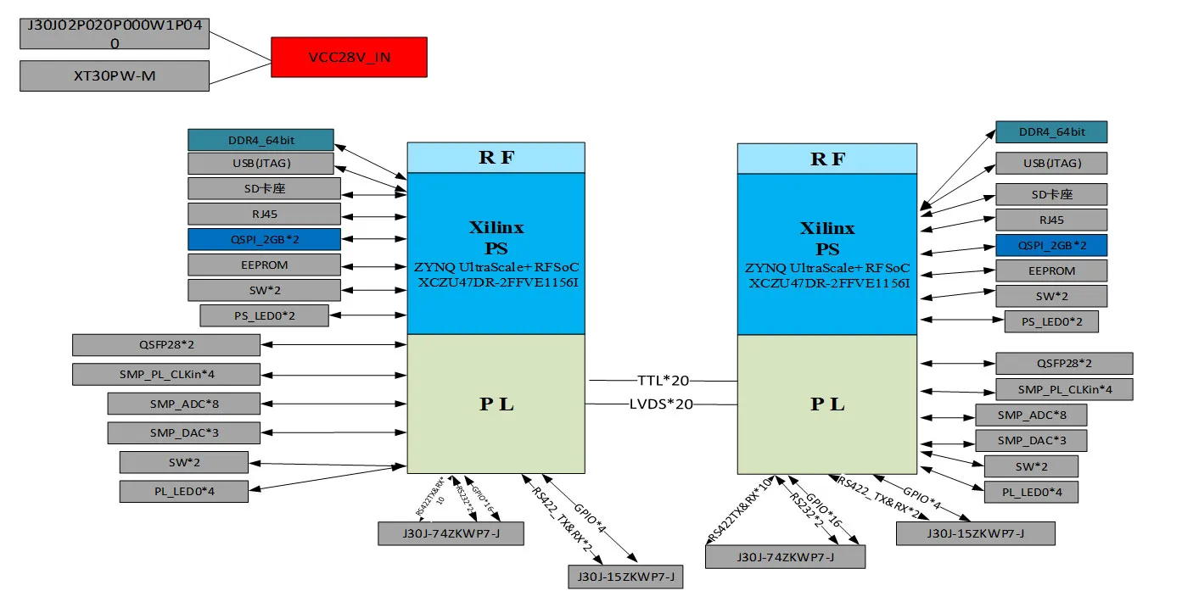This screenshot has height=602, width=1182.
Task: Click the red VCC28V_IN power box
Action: (x=349, y=58)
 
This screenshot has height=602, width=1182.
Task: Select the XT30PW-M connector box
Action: (x=114, y=75)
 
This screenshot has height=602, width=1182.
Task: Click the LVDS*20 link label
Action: (x=661, y=404)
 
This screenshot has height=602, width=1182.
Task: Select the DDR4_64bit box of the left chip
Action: (x=260, y=140)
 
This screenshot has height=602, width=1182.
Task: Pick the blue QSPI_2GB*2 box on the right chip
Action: (x=1050, y=246)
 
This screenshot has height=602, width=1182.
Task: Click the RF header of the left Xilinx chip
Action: (x=496, y=158)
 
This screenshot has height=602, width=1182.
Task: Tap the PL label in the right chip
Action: (x=826, y=404)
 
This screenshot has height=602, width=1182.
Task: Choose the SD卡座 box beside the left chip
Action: (x=264, y=188)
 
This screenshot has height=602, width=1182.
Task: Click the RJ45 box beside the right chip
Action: (x=1050, y=220)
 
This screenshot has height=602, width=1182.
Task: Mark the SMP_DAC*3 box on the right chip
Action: (x=1030, y=441)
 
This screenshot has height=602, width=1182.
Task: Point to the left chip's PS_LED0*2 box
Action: (x=252, y=316)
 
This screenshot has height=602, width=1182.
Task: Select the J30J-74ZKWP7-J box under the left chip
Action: (x=451, y=533)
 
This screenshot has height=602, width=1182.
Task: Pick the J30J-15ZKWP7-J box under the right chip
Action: (x=975, y=533)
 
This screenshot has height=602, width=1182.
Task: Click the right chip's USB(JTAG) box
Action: (x=1050, y=164)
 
